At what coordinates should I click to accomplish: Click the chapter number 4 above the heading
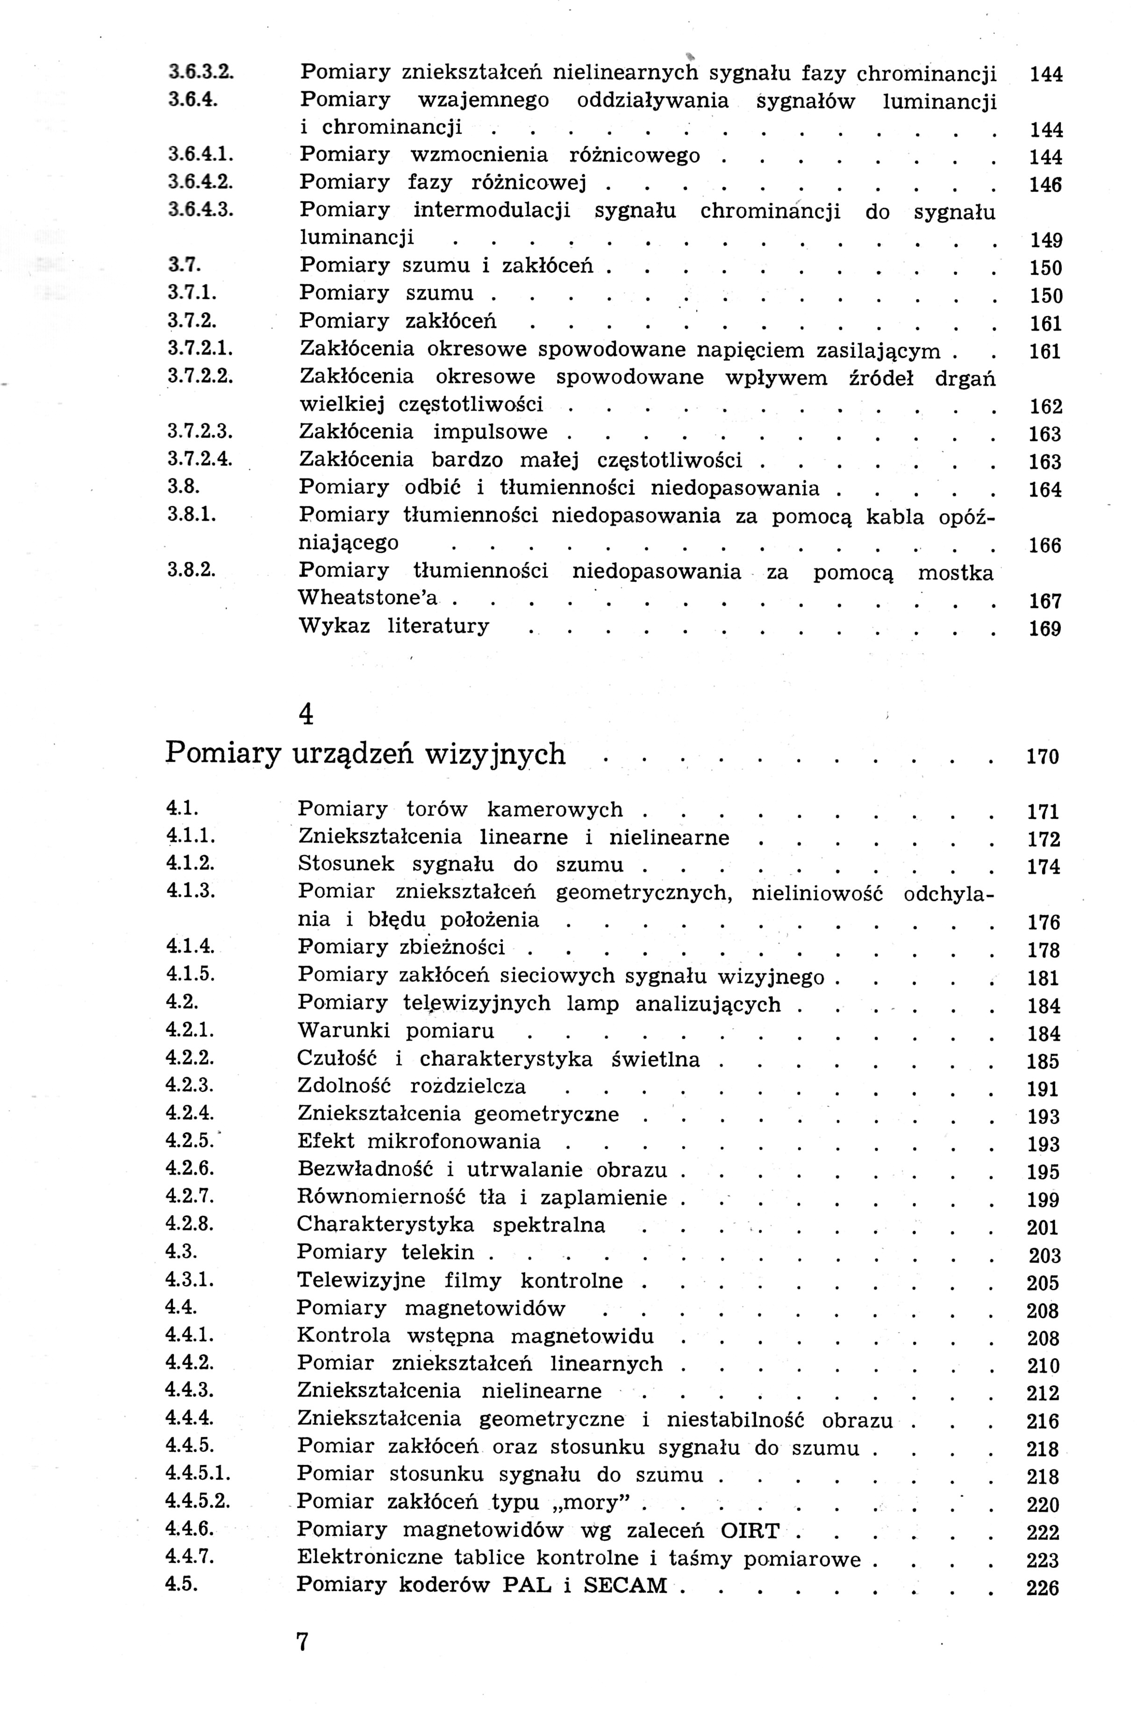[x=307, y=714]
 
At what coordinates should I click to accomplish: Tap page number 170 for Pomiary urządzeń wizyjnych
[x=1043, y=757]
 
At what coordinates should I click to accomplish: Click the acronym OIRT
[x=750, y=1529]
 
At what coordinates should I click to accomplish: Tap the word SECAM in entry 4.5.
[x=625, y=1585]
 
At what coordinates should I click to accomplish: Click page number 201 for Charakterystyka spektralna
[x=1043, y=1227]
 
